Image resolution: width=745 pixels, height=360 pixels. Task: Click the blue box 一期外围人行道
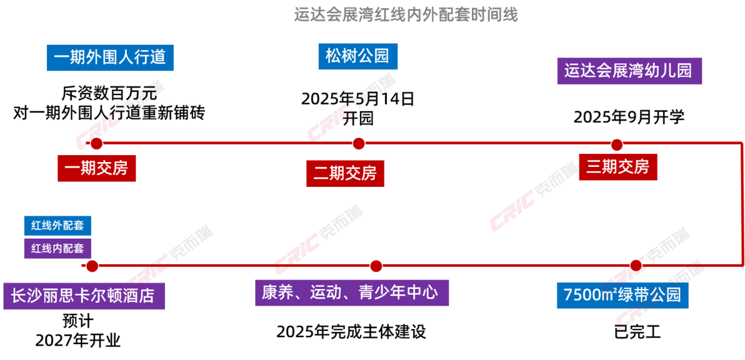[110, 57]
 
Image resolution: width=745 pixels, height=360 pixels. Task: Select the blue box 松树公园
[359, 56]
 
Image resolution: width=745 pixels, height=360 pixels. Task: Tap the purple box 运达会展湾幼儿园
[628, 71]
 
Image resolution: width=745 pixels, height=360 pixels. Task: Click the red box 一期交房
[97, 168]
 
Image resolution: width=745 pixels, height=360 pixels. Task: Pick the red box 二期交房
[345, 172]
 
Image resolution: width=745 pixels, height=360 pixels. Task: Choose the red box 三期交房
[618, 167]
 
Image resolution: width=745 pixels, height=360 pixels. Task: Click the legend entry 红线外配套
[57, 226]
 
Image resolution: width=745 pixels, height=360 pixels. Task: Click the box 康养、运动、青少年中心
[352, 292]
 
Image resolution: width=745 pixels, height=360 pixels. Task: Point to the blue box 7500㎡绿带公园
[623, 295]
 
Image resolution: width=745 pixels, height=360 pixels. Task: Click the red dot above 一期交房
[96, 144]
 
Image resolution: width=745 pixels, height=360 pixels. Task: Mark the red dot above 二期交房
[358, 143]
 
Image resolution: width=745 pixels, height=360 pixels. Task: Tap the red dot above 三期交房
[617, 145]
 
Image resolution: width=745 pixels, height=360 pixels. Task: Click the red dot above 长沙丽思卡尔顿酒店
[92, 266]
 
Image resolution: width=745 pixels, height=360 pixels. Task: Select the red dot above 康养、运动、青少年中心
[376, 266]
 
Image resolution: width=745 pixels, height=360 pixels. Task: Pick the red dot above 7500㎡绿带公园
[636, 264]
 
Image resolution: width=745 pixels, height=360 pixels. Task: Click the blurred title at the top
[406, 14]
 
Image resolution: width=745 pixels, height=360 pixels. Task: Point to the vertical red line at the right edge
[740, 203]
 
